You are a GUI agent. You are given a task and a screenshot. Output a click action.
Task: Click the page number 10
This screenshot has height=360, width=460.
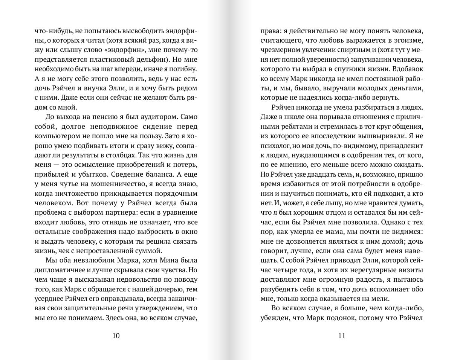pyautogui.click(x=116, y=336)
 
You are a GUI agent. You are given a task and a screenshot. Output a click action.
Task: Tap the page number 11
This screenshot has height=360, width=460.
pyautogui.click(x=342, y=336)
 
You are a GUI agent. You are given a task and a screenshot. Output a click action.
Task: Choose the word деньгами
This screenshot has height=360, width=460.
pyautogui.click(x=406, y=88)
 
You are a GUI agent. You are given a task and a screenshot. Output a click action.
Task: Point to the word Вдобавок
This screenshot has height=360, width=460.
pyautogui.click(x=408, y=69)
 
